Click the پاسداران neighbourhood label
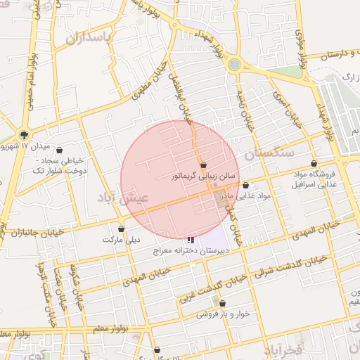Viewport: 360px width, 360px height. click(x=90, y=38)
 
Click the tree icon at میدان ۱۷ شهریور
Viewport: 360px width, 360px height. click(x=25, y=134)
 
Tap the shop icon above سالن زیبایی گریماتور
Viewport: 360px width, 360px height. click(x=204, y=165)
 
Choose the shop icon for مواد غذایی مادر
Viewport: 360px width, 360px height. click(x=245, y=186)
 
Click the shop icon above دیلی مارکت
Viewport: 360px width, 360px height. click(x=122, y=229)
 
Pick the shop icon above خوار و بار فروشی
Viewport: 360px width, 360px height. click(x=223, y=304)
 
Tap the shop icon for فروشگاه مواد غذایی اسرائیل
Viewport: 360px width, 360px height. click(x=324, y=163)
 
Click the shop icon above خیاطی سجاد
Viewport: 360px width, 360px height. click(x=59, y=150)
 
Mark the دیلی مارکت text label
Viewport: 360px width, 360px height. click(x=118, y=240)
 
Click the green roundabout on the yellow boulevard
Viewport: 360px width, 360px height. click(x=234, y=65)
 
